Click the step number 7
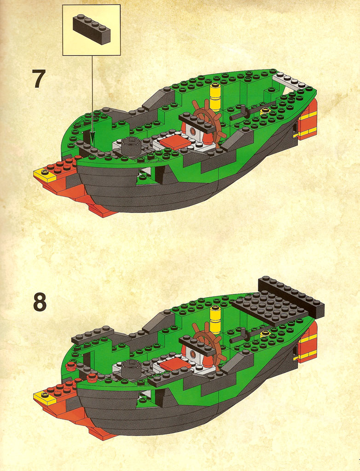39,79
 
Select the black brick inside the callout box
92,30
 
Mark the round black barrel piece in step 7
131,146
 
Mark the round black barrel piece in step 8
131,368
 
